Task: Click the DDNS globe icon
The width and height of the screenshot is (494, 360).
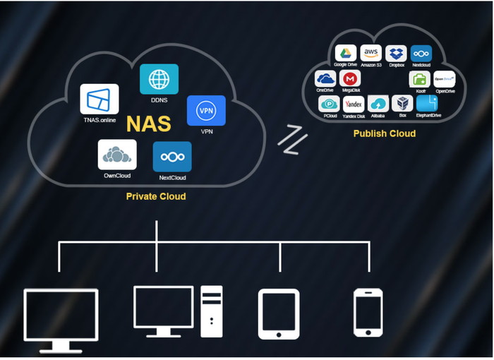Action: tap(159, 79)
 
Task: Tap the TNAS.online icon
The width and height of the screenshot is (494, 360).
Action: tap(99, 99)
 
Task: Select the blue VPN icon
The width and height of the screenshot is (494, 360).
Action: tap(206, 111)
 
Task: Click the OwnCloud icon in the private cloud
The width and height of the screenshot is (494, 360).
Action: tap(117, 155)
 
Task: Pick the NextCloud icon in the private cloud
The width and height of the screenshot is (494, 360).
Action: tap(172, 157)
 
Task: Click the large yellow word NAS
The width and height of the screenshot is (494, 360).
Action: tap(148, 124)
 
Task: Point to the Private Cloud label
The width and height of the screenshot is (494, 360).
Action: tap(156, 196)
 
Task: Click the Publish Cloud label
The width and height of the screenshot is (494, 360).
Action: tap(385, 133)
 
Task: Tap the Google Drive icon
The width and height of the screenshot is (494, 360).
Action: tap(345, 54)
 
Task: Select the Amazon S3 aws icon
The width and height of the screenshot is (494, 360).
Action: tap(370, 54)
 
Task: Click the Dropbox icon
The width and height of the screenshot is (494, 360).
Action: tap(396, 54)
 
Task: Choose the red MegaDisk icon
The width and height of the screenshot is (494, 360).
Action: tap(350, 78)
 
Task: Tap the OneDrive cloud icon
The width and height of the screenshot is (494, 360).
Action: tap(325, 78)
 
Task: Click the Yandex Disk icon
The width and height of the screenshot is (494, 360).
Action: tap(353, 104)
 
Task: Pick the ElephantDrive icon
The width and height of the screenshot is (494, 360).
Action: tap(426, 104)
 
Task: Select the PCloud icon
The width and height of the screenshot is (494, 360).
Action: tap(329, 104)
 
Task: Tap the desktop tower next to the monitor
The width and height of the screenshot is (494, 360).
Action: tap(210, 311)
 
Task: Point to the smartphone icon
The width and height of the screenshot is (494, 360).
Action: tap(368, 311)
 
